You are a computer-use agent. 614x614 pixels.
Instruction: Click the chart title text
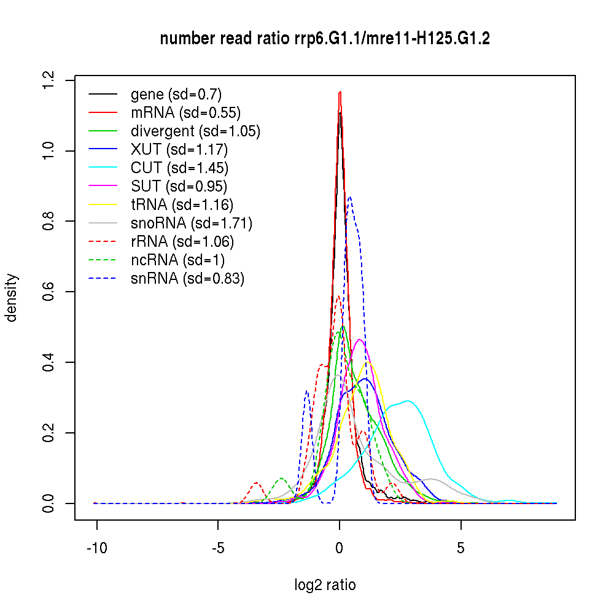coord(325,39)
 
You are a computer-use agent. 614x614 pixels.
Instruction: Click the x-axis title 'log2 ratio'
coord(325,585)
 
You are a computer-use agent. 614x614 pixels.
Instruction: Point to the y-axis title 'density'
coord(12,298)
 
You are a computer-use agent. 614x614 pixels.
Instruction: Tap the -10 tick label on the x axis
coord(97,548)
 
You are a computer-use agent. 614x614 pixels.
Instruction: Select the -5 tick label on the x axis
coord(218,548)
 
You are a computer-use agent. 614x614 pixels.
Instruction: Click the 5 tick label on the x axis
coord(460,548)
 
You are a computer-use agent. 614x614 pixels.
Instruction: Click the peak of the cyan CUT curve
coord(407,401)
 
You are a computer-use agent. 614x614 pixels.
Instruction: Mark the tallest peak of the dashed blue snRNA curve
coord(349,197)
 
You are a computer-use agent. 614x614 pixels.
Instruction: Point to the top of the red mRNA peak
coord(340,92)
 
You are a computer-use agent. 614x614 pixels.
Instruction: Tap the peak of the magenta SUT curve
coord(359,340)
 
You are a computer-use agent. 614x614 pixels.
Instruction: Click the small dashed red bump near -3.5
coord(256,483)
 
